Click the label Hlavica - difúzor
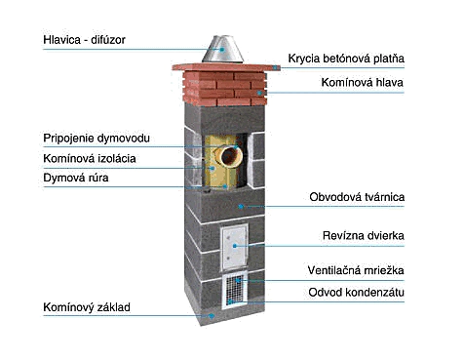(84, 40)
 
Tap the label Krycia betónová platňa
(346, 59)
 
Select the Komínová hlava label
(363, 82)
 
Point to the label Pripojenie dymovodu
(97, 139)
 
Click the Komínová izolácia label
(90, 159)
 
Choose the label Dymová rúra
(76, 178)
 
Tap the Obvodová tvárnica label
(357, 197)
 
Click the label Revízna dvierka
(364, 235)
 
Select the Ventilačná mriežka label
(356, 270)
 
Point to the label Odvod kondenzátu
(356, 292)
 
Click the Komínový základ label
(87, 307)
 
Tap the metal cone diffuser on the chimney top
(222, 50)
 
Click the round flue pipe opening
(231, 156)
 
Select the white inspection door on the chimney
(234, 247)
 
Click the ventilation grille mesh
(235, 291)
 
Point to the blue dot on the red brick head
(259, 93)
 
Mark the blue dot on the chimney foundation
(212, 315)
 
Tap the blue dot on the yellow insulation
(213, 168)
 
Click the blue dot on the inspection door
(235, 246)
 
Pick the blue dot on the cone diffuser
(222, 50)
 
